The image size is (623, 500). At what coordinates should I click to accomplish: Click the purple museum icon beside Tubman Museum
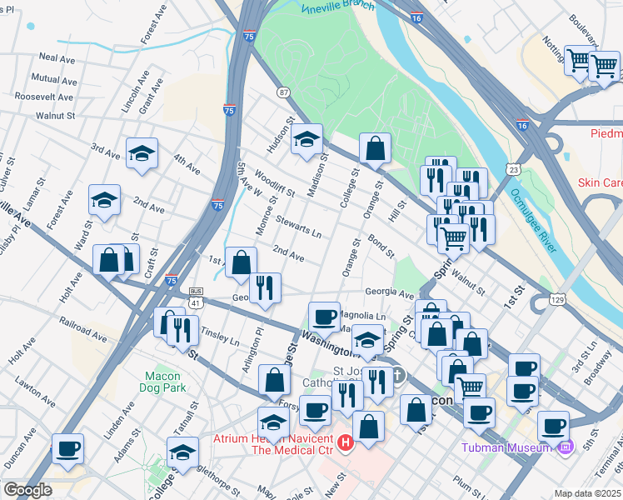pos(566,447)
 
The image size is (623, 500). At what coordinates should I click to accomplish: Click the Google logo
pos(27,490)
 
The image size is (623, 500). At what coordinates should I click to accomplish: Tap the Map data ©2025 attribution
pos(587,493)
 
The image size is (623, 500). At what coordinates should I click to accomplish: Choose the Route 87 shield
pos(284,92)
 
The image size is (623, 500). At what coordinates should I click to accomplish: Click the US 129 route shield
pos(558,298)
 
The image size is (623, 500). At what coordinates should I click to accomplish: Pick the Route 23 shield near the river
pos(515,169)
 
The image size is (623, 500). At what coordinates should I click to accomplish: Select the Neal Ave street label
pos(57,57)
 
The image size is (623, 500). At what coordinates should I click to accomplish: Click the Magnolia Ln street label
pos(363,317)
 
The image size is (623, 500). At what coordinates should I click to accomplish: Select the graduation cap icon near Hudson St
pos(307,139)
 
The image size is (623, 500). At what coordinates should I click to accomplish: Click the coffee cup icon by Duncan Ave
pos(68,448)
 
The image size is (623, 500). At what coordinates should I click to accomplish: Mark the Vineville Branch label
pos(342,7)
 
